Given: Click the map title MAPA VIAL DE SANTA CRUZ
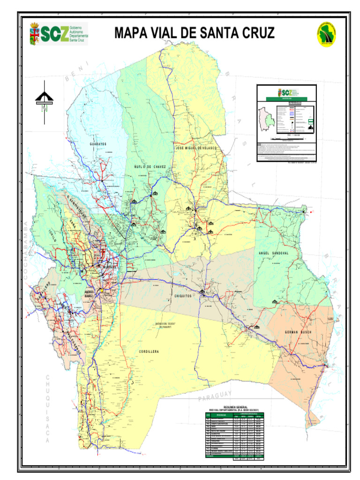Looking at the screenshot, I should pyautogui.click(x=194, y=33).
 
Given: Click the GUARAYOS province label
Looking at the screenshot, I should pyautogui.click(x=98, y=144).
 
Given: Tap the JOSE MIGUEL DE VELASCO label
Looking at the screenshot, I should pyautogui.click(x=197, y=148).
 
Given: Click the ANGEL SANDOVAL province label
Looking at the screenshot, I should pyautogui.click(x=280, y=253).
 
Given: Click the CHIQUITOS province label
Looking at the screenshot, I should pyautogui.click(x=184, y=296).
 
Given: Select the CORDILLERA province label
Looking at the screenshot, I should pyautogui.click(x=149, y=351).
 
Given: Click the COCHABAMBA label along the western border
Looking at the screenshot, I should pyautogui.click(x=26, y=251).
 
